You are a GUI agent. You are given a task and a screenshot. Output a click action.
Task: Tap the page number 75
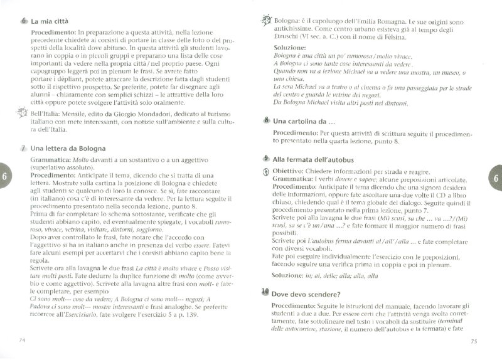click(474, 341)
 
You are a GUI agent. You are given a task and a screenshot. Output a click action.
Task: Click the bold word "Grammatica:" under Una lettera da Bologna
click(51, 161)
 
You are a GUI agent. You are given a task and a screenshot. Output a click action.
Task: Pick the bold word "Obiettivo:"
click(294, 171)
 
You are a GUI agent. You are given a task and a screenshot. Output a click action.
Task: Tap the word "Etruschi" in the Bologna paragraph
click(287, 38)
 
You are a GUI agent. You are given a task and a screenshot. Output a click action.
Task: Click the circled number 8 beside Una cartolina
click(267, 120)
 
